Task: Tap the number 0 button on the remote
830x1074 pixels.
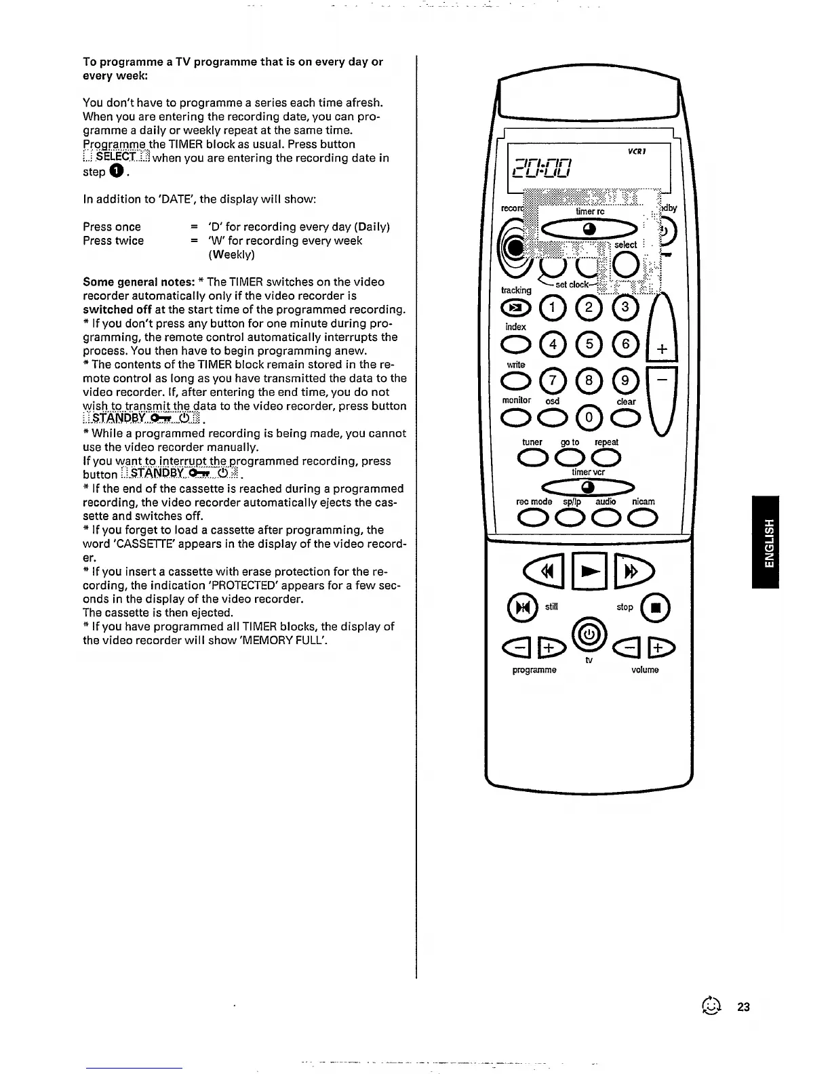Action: (x=589, y=418)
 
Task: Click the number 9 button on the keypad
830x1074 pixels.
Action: (x=625, y=381)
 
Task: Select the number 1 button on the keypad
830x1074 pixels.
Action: (x=553, y=309)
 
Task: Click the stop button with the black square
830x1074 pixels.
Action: (x=656, y=607)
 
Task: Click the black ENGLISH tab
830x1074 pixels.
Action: (x=766, y=542)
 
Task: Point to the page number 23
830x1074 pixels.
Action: (x=743, y=1007)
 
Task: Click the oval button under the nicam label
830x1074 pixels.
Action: (x=643, y=519)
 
